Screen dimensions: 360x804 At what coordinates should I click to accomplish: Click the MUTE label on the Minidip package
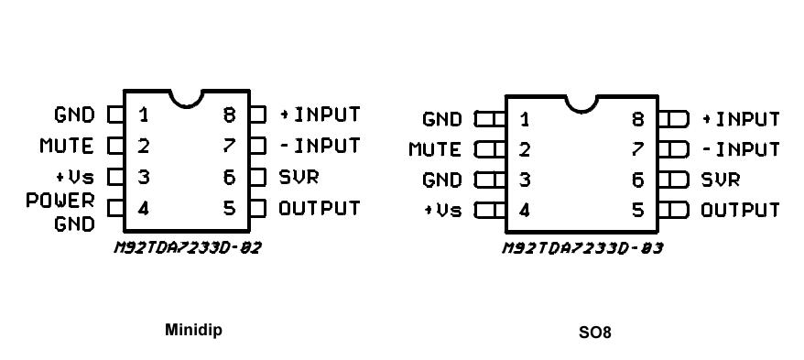coord(66,146)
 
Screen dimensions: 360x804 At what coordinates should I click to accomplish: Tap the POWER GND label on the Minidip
coord(72,212)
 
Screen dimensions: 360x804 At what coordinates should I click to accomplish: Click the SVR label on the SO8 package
coord(721,180)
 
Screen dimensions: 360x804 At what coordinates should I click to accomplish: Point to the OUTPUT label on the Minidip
coord(320,208)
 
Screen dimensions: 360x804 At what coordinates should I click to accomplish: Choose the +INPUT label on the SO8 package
coord(740,119)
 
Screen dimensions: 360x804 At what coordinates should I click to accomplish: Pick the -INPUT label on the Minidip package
coord(320,146)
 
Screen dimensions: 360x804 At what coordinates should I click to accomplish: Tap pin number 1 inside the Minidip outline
coord(144,115)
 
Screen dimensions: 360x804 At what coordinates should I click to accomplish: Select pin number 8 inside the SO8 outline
coord(637,119)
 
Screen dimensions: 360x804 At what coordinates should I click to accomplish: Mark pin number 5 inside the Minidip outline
coord(230,208)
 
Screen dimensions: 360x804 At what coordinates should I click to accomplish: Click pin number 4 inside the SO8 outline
coord(524,211)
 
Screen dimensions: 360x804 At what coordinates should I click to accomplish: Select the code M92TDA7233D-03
coord(582,247)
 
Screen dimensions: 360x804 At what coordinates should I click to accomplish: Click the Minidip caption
coord(192,330)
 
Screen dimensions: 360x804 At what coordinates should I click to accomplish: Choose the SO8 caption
coord(594,332)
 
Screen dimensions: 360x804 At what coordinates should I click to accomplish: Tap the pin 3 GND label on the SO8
coord(442,180)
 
